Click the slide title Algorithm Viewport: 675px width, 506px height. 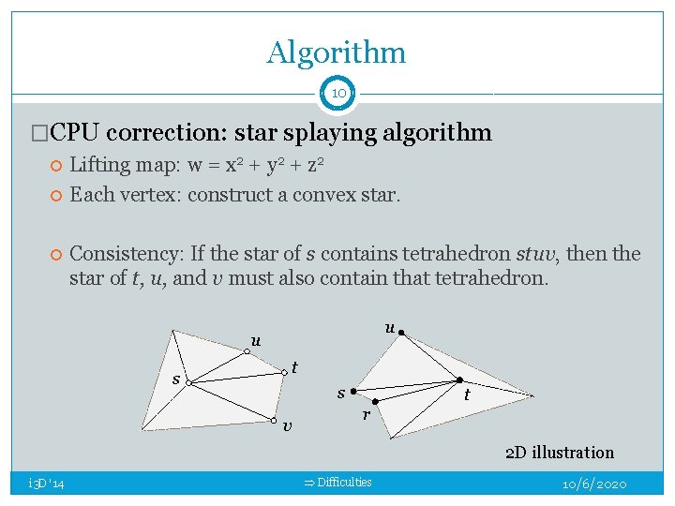point(337,52)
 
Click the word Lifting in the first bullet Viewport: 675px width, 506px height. point(100,165)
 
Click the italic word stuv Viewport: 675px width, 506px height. point(536,253)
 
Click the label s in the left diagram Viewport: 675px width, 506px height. point(176,379)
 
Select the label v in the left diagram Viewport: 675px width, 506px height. point(287,427)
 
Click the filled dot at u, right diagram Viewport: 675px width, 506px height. point(400,332)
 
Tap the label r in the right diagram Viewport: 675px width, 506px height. point(367,413)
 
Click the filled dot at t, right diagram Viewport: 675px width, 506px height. point(459,379)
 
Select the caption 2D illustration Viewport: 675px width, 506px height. point(560,453)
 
